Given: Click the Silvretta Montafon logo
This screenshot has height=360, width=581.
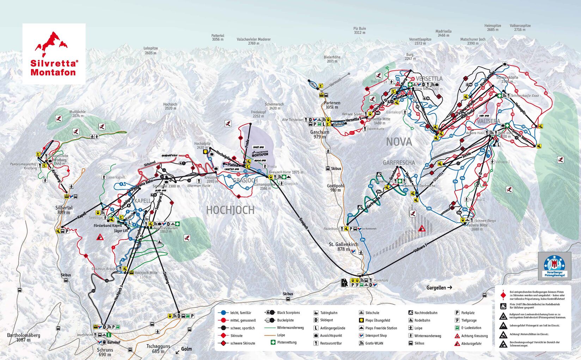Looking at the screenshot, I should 54,54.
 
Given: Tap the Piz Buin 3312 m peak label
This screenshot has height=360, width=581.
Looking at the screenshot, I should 360,30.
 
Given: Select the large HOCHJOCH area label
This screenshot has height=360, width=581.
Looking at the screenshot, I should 230,210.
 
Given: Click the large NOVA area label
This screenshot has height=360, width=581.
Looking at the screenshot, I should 399,142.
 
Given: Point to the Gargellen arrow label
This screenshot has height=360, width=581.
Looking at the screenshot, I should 439,287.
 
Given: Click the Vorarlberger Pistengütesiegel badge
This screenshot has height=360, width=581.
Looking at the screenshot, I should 554,265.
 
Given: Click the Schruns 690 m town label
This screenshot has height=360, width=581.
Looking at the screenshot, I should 105,352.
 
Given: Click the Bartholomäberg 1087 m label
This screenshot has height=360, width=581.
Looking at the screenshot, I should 23,337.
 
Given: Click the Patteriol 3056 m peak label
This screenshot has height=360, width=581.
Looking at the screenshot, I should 218,37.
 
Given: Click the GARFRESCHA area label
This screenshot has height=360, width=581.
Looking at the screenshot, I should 399,163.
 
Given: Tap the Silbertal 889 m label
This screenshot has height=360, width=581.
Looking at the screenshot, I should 64,210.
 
